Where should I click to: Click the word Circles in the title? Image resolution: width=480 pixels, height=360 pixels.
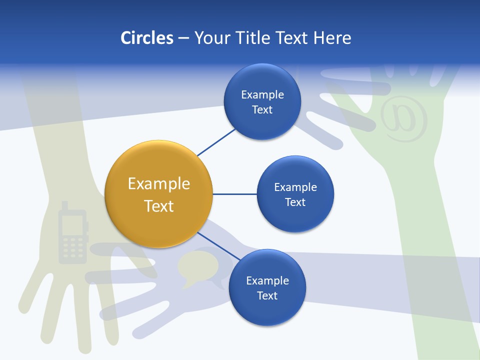coord(146,37)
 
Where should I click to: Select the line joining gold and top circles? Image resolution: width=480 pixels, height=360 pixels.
coord(216,142)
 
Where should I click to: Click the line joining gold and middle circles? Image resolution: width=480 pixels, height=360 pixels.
coord(234,194)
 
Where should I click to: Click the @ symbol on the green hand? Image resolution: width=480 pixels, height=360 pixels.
coord(404,118)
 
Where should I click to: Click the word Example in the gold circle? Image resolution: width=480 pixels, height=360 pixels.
coord(159,183)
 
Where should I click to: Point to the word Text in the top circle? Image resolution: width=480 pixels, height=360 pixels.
coord(262,110)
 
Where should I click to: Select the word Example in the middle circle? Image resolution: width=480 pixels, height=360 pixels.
coord(295,187)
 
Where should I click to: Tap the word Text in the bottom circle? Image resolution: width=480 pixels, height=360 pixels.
coord(267,295)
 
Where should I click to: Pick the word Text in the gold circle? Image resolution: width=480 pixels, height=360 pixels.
coord(159,205)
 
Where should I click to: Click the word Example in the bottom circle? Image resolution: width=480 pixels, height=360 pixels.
coord(267,280)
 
